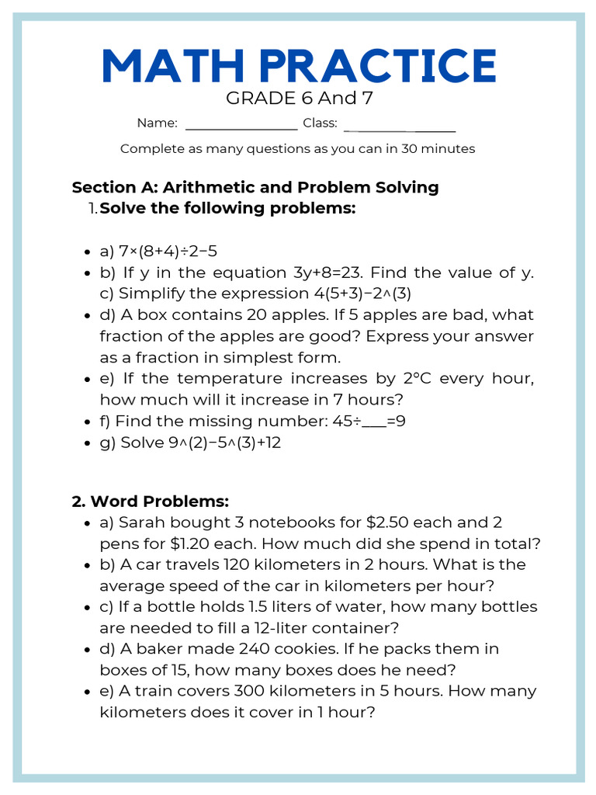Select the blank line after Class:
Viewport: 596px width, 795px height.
pos(399,124)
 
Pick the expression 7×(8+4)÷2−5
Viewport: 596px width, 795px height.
pos(168,252)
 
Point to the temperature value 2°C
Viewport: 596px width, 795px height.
pos(418,378)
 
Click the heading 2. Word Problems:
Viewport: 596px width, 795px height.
pos(151,501)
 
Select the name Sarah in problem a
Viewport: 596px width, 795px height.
pos(141,522)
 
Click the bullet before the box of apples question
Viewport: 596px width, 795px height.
pos(87,316)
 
